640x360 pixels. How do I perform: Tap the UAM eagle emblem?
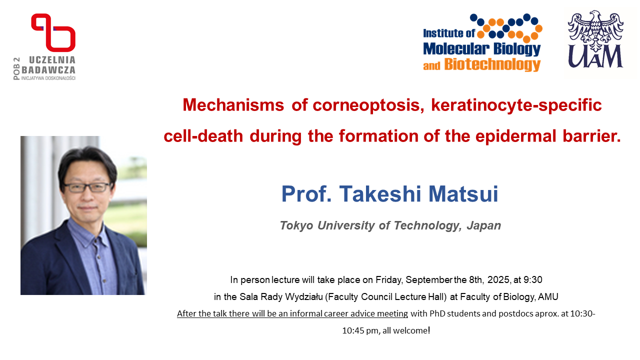(x=595, y=31)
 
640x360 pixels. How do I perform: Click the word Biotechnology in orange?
(x=492, y=65)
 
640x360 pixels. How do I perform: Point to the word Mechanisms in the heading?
(x=233, y=105)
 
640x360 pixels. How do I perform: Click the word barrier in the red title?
(x=591, y=136)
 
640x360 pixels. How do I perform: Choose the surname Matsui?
(x=463, y=194)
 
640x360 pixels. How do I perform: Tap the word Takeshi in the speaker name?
(x=380, y=194)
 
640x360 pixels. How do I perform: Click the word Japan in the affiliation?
(x=484, y=225)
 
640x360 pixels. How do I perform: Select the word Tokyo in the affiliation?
(x=296, y=225)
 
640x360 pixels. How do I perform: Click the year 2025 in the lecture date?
(x=498, y=279)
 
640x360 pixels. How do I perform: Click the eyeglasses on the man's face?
(x=87, y=187)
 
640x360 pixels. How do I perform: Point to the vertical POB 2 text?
(x=17, y=68)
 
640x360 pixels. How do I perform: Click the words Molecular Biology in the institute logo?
(x=481, y=49)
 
